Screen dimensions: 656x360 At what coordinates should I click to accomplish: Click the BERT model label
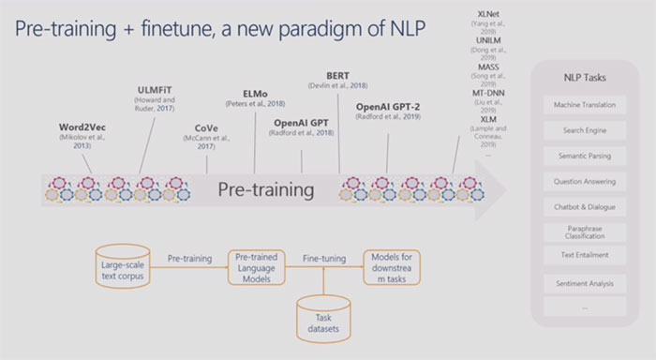(x=337, y=74)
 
